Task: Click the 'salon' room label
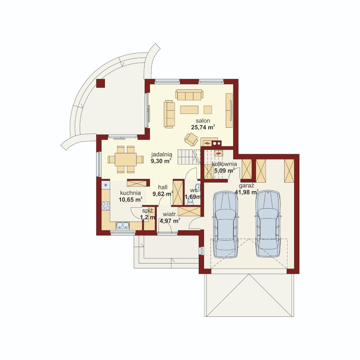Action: point(203,121)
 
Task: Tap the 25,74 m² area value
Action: point(203,127)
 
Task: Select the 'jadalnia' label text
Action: point(162,154)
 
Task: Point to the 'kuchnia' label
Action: point(130,193)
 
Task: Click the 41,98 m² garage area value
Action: point(247,192)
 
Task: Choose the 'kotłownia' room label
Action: point(224,164)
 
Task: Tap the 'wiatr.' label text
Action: point(170,214)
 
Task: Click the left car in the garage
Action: point(226,224)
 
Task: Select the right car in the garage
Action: point(268,224)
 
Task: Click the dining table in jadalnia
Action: point(125,159)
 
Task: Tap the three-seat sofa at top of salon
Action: point(189,95)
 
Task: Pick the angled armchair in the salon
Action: point(191,139)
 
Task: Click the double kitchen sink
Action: point(122,225)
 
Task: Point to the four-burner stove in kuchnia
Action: point(106,206)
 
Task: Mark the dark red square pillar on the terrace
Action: point(101,84)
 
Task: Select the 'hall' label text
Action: point(163,187)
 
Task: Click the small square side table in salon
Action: point(208,110)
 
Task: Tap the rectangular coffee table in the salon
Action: point(189,110)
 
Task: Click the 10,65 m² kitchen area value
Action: point(130,199)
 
